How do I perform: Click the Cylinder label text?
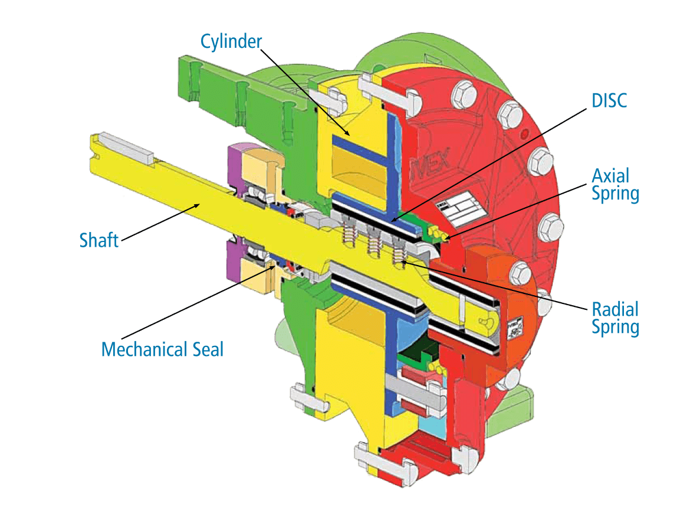(x=231, y=42)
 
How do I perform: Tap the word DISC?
(x=609, y=100)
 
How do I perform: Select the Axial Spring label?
(x=615, y=185)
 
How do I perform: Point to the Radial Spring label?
(x=615, y=318)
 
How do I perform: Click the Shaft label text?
(x=99, y=240)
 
